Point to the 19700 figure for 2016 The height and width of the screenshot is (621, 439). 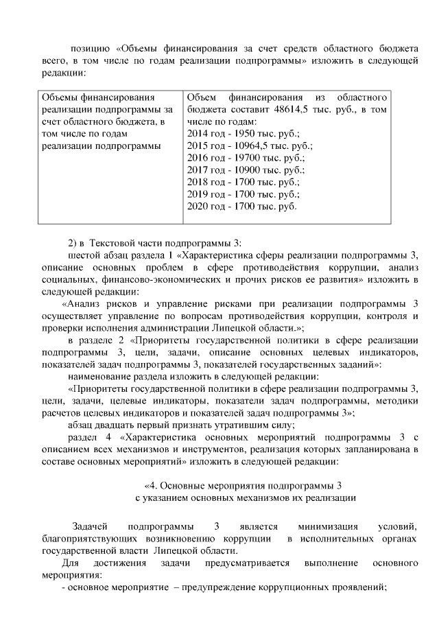(x=247, y=159)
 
